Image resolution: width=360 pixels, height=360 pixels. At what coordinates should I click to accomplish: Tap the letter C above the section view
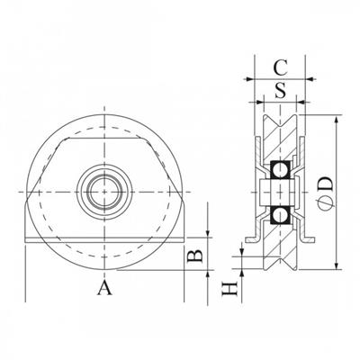[x=280, y=66]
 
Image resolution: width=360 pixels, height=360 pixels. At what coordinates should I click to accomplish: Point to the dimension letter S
[x=280, y=90]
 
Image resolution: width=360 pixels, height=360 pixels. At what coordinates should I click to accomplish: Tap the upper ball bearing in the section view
[x=281, y=168]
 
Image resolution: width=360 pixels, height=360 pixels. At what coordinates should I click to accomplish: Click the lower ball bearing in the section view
[x=281, y=214]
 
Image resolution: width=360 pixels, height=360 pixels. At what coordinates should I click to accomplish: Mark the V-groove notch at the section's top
[x=281, y=117]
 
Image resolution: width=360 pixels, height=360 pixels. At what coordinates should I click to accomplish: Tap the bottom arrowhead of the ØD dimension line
[x=337, y=266]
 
